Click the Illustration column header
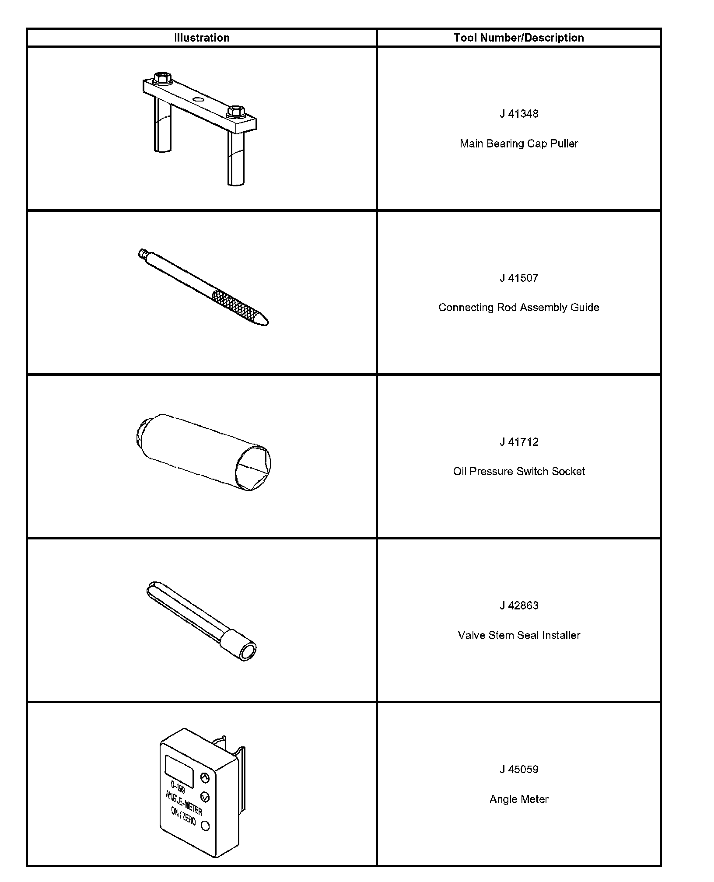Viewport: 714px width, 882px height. tap(202, 38)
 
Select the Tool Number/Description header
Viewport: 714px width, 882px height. tap(519, 38)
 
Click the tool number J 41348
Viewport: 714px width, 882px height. tap(519, 114)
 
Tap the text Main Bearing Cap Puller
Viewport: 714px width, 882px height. tap(519, 143)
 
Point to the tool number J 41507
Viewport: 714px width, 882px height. tap(519, 278)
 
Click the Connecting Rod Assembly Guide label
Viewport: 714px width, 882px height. tap(519, 308)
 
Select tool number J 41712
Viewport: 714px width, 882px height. tap(519, 442)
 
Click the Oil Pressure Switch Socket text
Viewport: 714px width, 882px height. tap(519, 471)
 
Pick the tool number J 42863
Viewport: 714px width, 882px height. tap(519, 605)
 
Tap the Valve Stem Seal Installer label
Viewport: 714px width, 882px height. tap(519, 635)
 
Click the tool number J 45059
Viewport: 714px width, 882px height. tap(519, 770)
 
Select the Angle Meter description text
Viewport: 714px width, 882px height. tap(519, 799)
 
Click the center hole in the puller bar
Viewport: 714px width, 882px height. tap(199, 100)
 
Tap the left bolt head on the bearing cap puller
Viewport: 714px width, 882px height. tap(162, 77)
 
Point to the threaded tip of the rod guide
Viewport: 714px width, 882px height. tap(142, 253)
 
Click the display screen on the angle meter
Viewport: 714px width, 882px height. tap(179, 771)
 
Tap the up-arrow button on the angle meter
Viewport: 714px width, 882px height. tap(205, 777)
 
